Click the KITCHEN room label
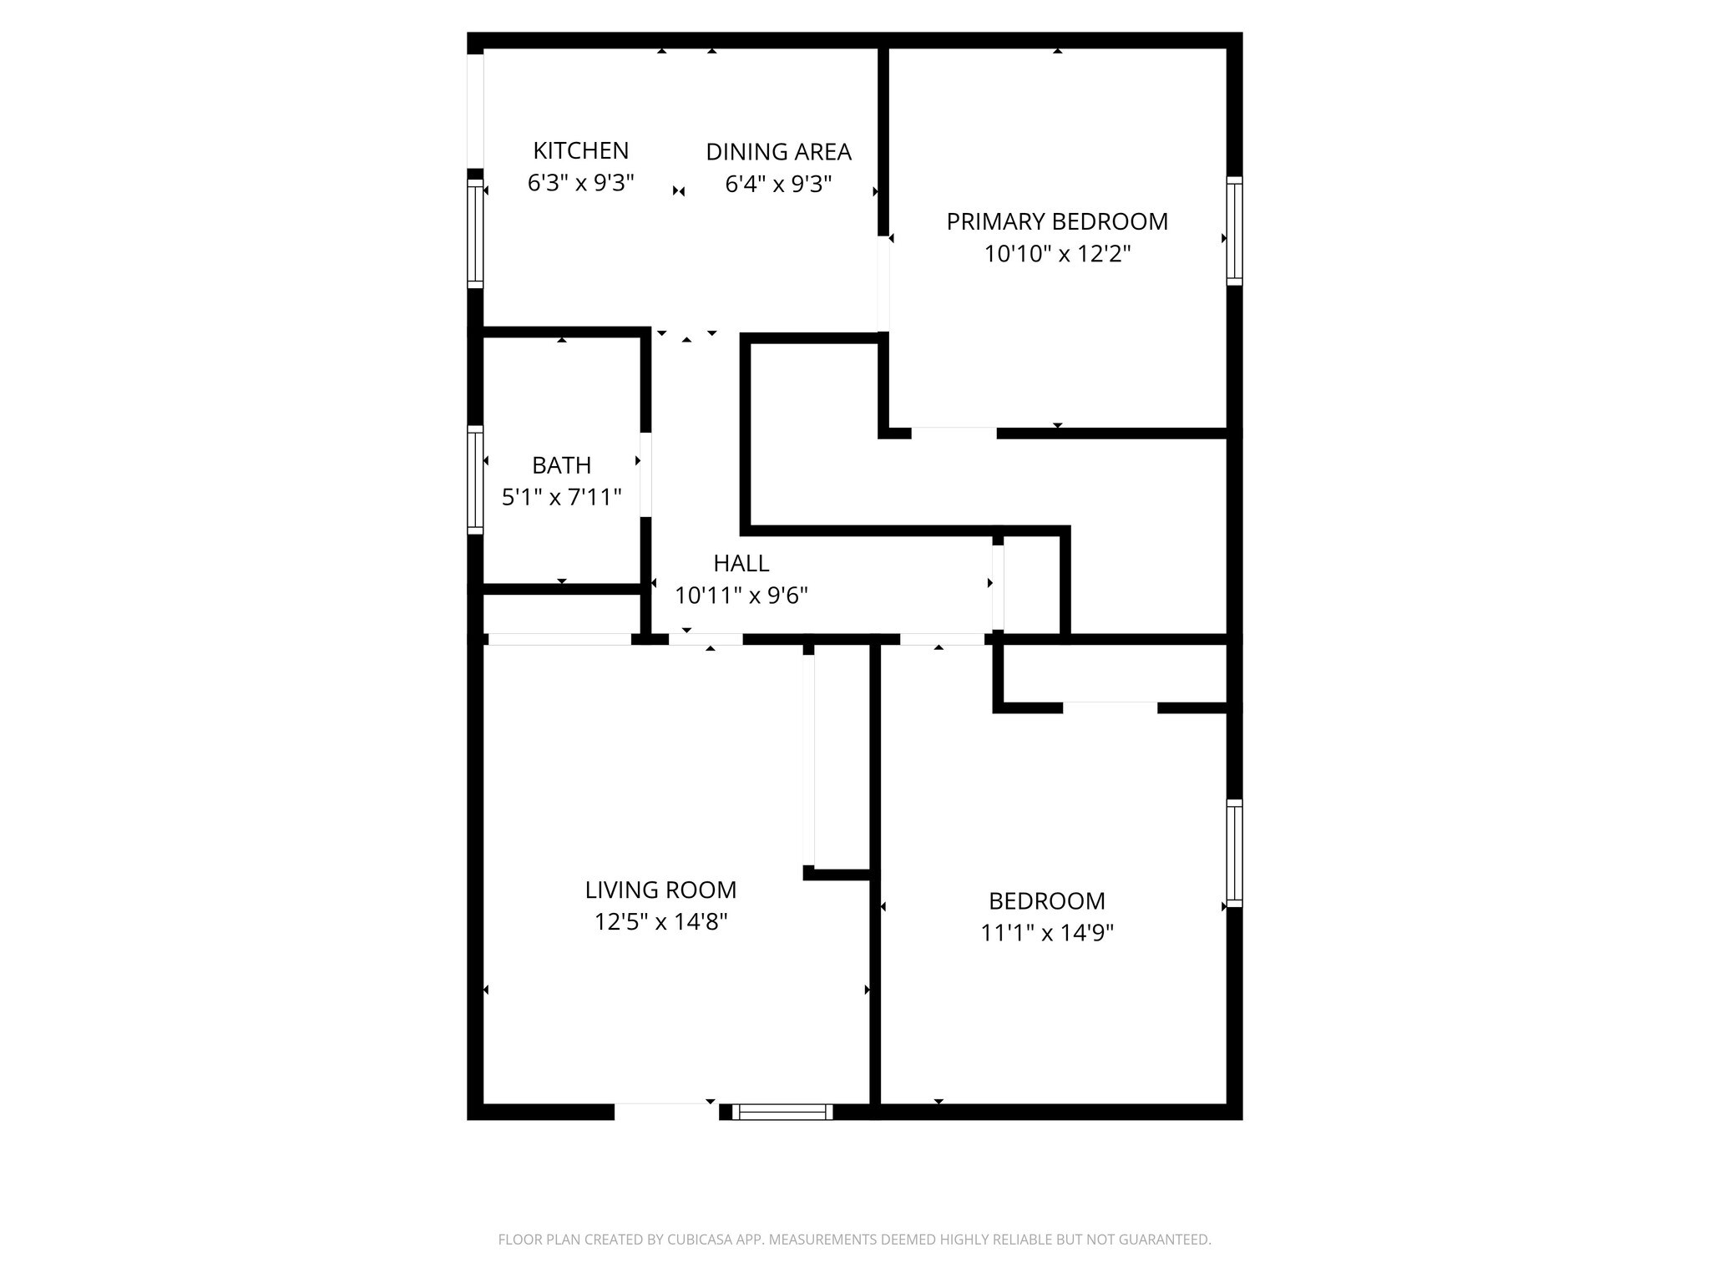tap(580, 151)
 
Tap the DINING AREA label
tap(778, 152)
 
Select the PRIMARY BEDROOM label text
tap(1056, 221)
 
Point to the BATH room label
tap(561, 465)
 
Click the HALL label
tap(741, 563)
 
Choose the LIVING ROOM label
tap(660, 890)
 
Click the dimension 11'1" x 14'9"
tap(1047, 932)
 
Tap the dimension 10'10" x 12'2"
tap(1057, 253)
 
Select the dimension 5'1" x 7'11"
tap(561, 498)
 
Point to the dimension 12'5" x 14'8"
tap(660, 922)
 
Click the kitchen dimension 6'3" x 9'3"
tap(580, 183)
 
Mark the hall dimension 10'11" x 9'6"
tap(741, 596)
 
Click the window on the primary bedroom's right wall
tap(1234, 231)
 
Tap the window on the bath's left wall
tap(475, 479)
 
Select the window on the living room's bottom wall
tap(782, 1112)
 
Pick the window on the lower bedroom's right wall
tap(1234, 853)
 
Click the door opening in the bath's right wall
tap(645, 474)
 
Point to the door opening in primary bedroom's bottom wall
tap(954, 433)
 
